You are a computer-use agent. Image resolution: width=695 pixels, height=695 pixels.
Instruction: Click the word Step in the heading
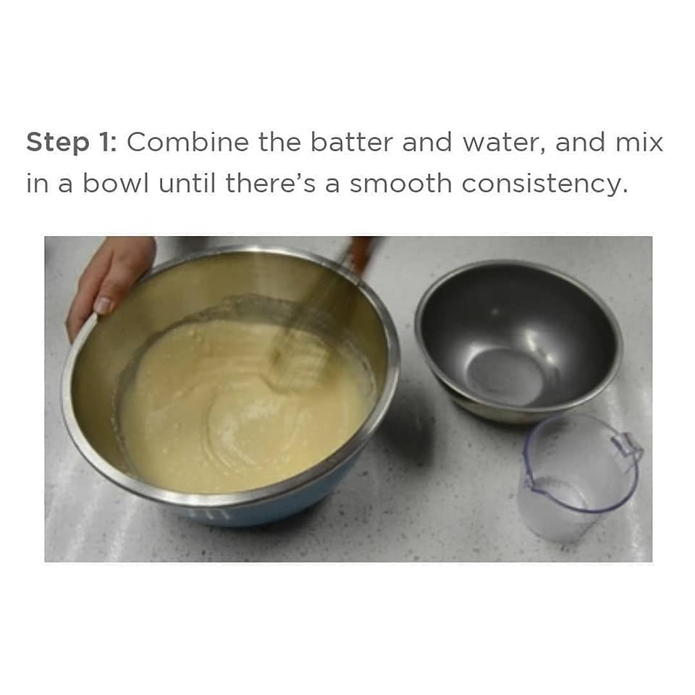58,143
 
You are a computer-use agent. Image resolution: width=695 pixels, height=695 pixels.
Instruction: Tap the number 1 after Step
107,143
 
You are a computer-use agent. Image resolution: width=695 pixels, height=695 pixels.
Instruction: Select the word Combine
188,143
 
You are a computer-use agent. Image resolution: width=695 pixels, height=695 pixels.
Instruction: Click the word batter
351,143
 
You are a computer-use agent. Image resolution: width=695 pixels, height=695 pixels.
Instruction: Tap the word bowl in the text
116,183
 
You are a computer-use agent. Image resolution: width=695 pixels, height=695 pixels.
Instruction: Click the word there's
270,183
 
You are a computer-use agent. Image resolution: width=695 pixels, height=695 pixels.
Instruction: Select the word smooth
400,183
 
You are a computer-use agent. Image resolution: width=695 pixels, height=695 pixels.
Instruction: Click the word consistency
544,185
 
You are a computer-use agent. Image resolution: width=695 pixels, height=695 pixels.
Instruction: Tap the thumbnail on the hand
104,306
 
